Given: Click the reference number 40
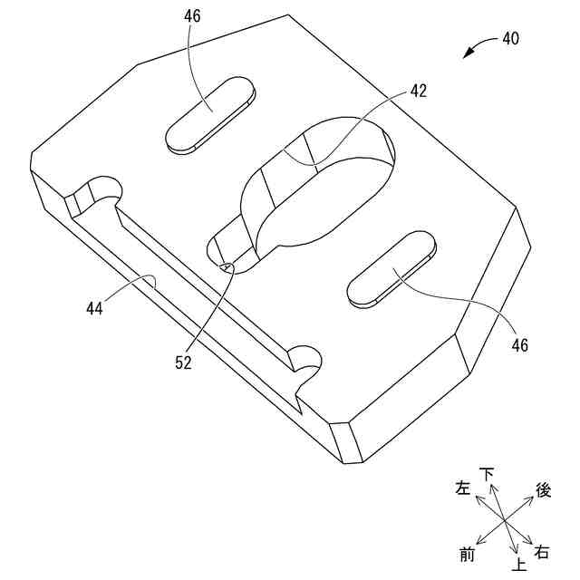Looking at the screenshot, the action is (x=511, y=40).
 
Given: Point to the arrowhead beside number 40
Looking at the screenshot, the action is (x=468, y=54).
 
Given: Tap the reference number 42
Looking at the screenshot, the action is (x=418, y=91).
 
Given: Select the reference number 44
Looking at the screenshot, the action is (x=95, y=308).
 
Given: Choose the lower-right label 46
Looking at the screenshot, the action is (x=519, y=343).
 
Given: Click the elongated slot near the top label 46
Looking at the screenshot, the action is (x=210, y=114).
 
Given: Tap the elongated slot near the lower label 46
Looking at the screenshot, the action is (x=392, y=269).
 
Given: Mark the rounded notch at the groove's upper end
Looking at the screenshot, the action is (x=98, y=193).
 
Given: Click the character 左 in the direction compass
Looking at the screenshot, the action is (x=463, y=488).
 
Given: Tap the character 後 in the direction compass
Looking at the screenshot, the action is (x=543, y=490).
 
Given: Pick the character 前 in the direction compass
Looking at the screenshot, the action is (x=468, y=554).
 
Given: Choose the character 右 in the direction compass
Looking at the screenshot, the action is (x=542, y=552).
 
